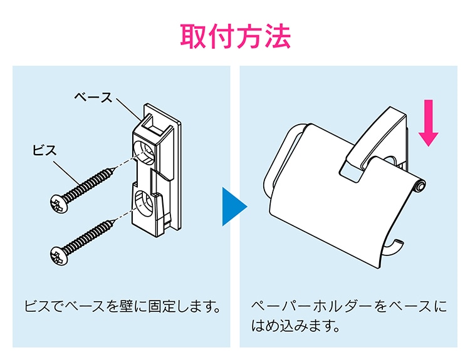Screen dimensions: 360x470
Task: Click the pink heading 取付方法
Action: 235,37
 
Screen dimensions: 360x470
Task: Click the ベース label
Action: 93,97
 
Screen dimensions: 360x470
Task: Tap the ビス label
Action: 45,150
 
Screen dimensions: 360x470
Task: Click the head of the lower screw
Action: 58,255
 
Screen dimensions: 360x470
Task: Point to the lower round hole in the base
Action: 145,204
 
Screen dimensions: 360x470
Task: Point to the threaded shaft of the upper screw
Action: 88,185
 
